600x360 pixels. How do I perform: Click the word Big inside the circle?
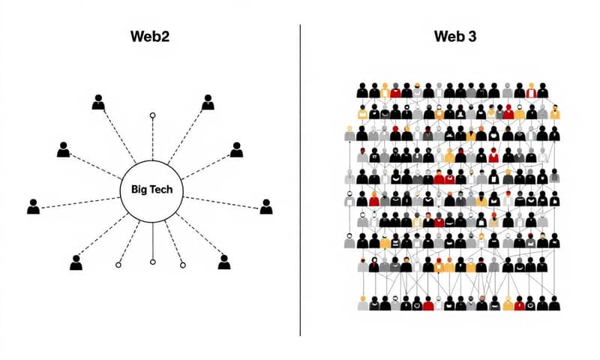pyautogui.click(x=138, y=190)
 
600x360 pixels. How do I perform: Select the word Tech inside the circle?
pyautogui.click(x=160, y=190)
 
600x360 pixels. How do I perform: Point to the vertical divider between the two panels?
pyautogui.click(x=300, y=180)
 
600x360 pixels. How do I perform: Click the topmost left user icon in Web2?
pyautogui.click(x=98, y=103)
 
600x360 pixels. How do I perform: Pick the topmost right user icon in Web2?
pyautogui.click(x=207, y=103)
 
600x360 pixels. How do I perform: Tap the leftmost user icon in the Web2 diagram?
pyautogui.click(x=33, y=206)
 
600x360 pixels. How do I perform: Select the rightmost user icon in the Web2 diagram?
pyautogui.click(x=266, y=206)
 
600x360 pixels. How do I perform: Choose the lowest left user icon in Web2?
pyautogui.click(x=75, y=262)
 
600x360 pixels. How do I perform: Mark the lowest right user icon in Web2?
pyautogui.click(x=223, y=262)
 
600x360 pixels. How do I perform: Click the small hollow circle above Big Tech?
pyautogui.click(x=152, y=116)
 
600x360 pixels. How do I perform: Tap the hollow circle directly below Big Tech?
pyautogui.click(x=152, y=262)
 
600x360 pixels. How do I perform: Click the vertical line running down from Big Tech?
pyautogui.click(x=152, y=240)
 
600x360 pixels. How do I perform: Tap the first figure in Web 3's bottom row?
pyautogui.click(x=363, y=304)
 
